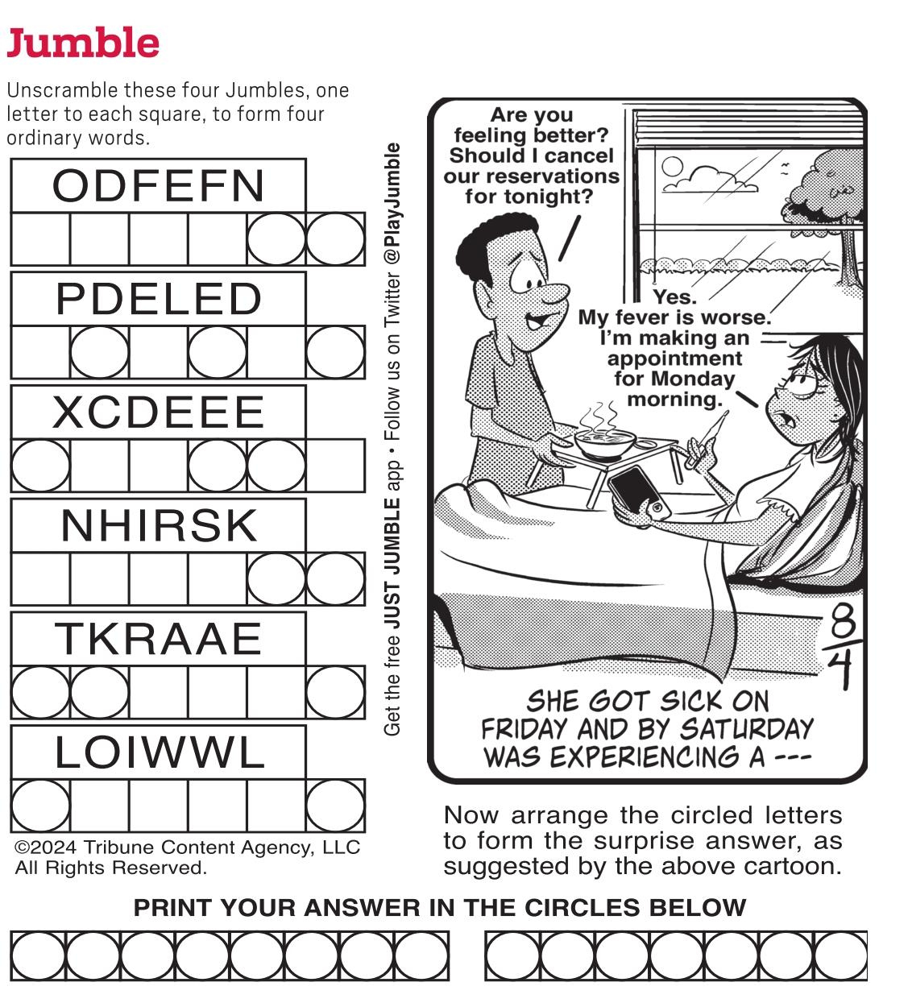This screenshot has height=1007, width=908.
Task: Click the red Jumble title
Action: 83,43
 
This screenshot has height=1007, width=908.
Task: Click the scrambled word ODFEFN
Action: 159,185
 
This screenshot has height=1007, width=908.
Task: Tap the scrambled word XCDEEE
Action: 159,412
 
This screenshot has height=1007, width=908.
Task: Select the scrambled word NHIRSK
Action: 159,526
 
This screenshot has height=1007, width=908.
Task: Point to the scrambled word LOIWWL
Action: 159,753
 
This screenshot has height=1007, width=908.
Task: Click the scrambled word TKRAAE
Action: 159,639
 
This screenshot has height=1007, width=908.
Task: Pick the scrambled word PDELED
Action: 159,299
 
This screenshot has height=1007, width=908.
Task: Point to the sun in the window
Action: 671,168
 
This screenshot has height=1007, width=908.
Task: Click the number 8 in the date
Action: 843,621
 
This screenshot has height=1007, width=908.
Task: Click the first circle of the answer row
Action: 39,955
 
